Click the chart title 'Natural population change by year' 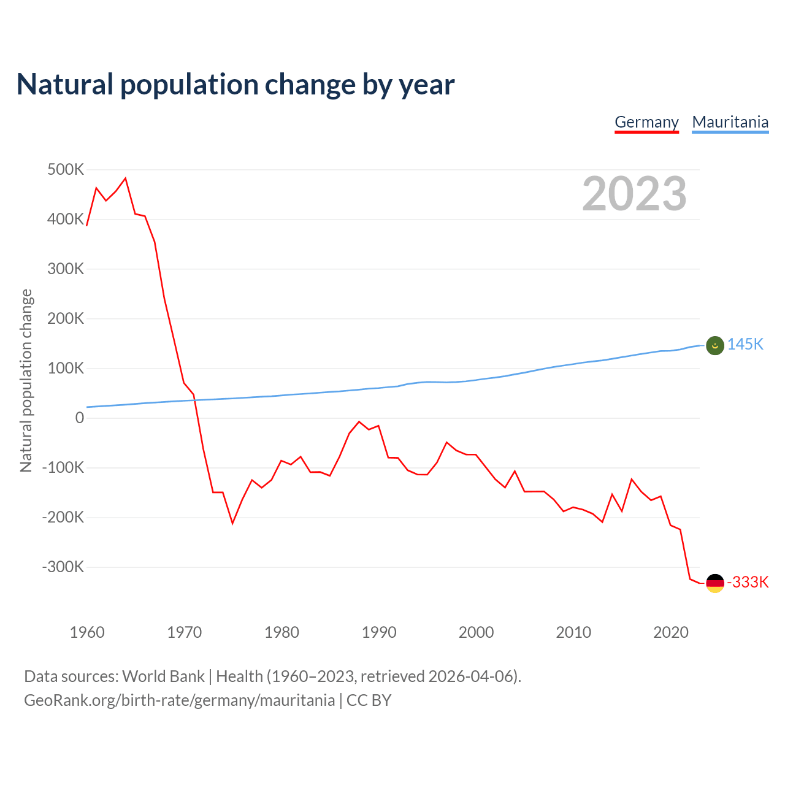point(235,85)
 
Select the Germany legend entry point(646,122)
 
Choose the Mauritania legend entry point(730,122)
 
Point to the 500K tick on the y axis point(66,169)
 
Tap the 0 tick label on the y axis point(80,418)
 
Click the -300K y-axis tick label point(63,567)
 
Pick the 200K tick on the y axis point(66,318)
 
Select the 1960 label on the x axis point(87,632)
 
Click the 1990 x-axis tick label point(379,632)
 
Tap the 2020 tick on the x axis point(671,632)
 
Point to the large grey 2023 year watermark point(634,194)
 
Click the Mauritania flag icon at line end point(715,345)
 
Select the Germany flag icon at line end point(715,583)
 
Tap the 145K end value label point(745,344)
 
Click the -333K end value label point(748,582)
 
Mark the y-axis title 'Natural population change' point(26,380)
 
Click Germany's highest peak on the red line point(125,178)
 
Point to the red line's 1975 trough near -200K point(232,523)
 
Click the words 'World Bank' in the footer point(163,676)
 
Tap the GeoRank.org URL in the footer point(179,700)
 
